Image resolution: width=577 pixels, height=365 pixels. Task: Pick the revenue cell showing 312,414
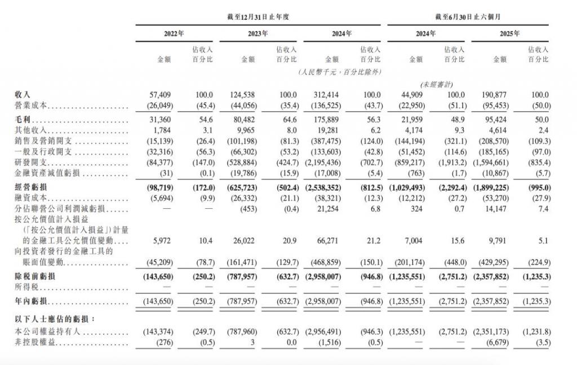pos(327,95)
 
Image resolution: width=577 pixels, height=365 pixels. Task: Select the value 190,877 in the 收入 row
pos(495,95)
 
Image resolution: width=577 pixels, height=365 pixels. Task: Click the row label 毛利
pos(23,121)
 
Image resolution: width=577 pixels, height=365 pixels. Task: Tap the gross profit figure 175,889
pos(327,121)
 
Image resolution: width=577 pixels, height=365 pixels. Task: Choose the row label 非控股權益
pos(35,344)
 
